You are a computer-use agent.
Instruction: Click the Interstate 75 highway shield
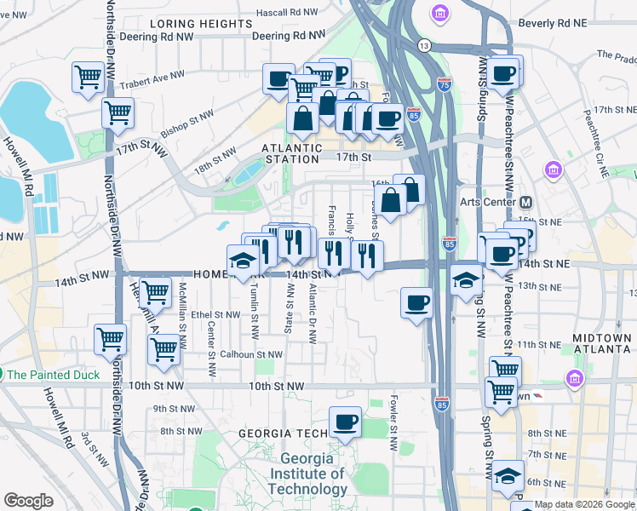point(443,84)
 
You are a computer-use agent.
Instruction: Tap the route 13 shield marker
point(423,45)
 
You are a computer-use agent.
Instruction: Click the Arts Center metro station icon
point(525,202)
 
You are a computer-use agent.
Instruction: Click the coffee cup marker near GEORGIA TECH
point(345,423)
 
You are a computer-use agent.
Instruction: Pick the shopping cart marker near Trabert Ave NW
point(88,78)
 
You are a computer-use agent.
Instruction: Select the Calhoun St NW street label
point(251,354)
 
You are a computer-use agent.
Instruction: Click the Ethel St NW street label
point(214,314)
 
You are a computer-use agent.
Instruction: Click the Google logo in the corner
point(29,501)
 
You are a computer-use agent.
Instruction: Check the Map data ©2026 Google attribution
point(584,504)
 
